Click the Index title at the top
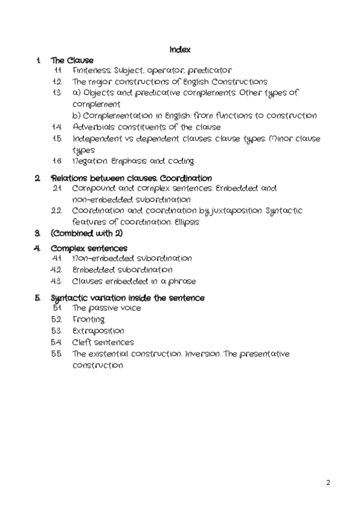pos(180,49)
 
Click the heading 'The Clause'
pos(72,60)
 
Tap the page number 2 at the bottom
pos(328,482)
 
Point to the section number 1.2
pos(58,82)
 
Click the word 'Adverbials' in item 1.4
pos(93,127)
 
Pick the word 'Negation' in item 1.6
pos(90,161)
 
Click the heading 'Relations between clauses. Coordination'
pos(131,178)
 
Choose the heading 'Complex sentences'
pos(89,248)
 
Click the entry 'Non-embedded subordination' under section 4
pos(132,259)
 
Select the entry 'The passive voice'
pos(107,309)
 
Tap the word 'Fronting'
pos(89,320)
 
